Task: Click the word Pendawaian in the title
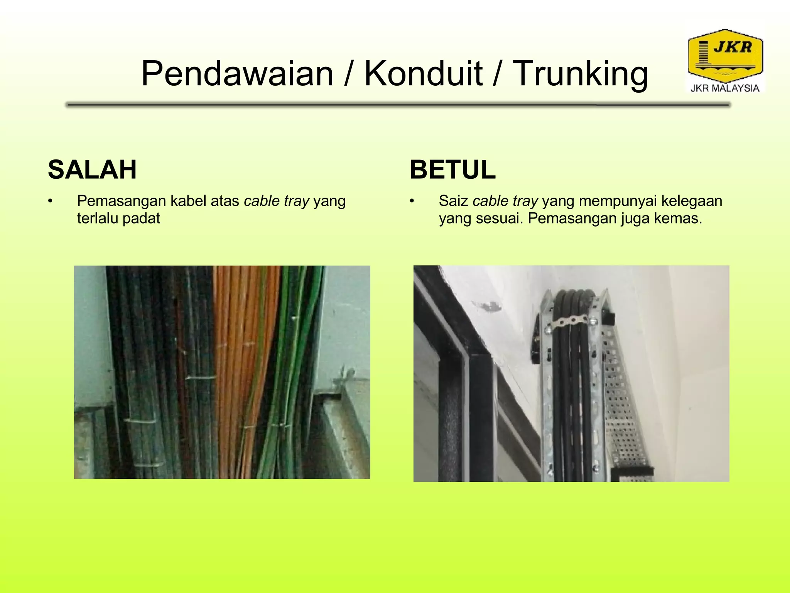[x=237, y=74]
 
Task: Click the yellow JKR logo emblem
[x=725, y=56]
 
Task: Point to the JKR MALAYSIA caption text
[x=725, y=88]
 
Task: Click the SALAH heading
[x=92, y=169]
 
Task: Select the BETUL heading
[x=452, y=169]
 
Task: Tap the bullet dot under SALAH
[x=50, y=201]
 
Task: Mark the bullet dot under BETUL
[x=412, y=201]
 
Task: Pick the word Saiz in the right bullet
[x=453, y=201]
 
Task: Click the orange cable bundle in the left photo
[x=239, y=347]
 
